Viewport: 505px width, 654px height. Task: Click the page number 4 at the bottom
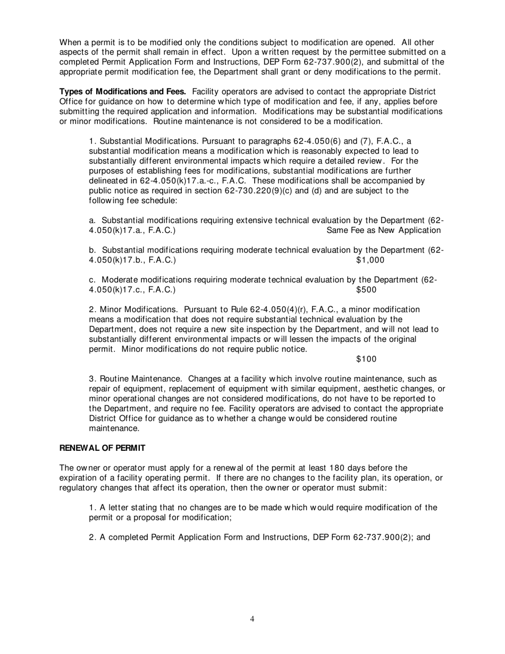(x=252, y=618)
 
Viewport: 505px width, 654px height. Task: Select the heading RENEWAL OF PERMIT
(x=102, y=448)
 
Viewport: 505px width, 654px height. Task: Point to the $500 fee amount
(x=366, y=290)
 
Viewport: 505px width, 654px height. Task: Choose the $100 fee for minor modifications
(x=366, y=359)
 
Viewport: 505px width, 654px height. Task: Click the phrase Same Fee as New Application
(x=383, y=230)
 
